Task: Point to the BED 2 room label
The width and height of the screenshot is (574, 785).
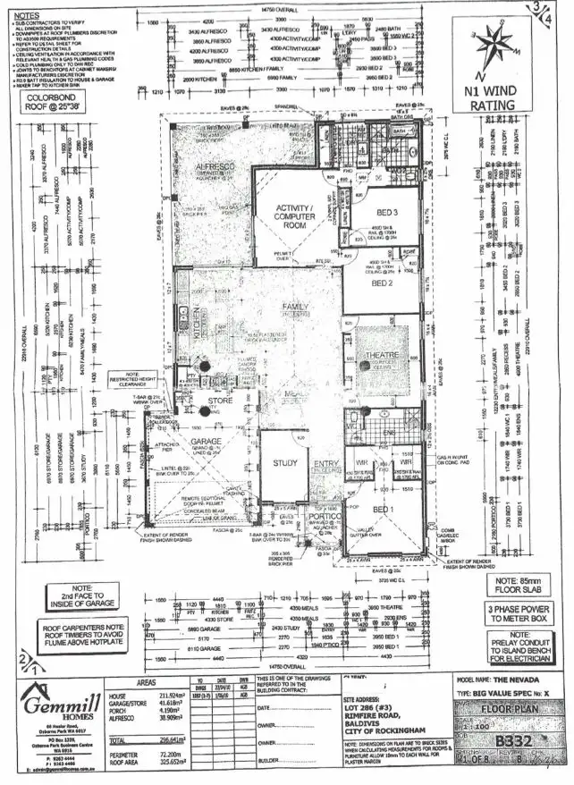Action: (384, 283)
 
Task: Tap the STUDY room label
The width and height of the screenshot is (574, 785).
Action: (284, 463)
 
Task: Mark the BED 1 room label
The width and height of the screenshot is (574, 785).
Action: (384, 510)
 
